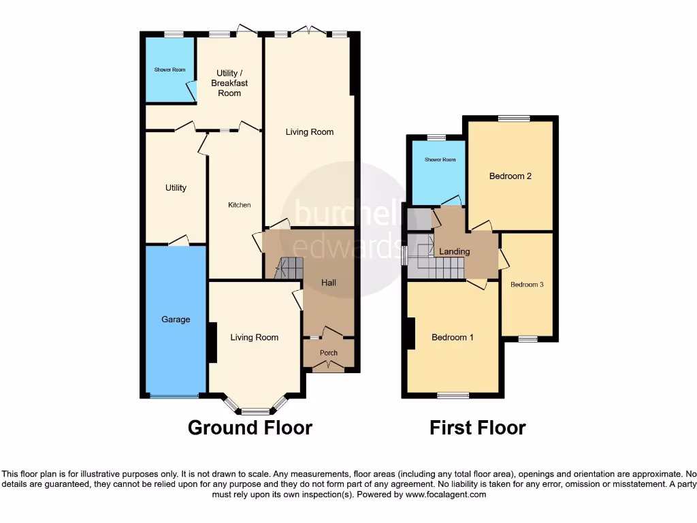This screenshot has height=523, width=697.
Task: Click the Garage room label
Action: point(176,319)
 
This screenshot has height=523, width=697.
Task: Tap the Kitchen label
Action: point(239,205)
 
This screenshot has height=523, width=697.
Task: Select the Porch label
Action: point(329,353)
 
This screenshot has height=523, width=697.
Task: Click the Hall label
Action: point(329,283)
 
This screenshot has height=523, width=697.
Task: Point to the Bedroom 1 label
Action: point(453,337)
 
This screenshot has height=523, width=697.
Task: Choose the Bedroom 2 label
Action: point(510,176)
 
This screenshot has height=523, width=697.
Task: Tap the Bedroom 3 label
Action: point(527,285)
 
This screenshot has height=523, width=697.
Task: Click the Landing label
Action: point(454,252)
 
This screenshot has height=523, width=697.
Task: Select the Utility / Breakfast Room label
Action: point(229,83)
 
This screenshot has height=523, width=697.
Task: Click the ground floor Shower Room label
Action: point(169,69)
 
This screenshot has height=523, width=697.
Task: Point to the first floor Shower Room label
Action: point(440,160)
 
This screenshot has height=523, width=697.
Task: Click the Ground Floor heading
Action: point(250,428)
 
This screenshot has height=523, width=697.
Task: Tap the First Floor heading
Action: point(477,428)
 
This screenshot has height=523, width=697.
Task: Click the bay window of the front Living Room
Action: point(255,411)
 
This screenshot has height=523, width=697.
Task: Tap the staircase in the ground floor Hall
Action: point(289,268)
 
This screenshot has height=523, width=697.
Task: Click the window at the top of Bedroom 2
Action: point(514,118)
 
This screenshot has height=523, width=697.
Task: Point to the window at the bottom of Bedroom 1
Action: point(453,395)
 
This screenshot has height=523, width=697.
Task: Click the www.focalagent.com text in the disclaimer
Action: point(446,495)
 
